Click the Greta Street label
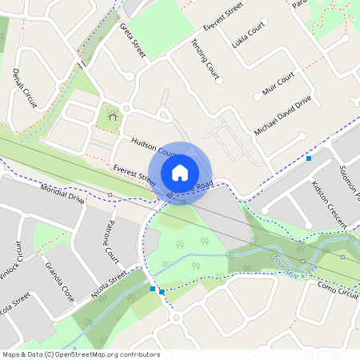[x=134, y=39]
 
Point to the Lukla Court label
[x=246, y=37]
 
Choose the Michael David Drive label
[x=282, y=115]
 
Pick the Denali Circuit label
[x=25, y=88]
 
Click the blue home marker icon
[x=180, y=172]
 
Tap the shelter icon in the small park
[x=110, y=118]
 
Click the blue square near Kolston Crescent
[x=309, y=158]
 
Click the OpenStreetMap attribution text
[x=81, y=354]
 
